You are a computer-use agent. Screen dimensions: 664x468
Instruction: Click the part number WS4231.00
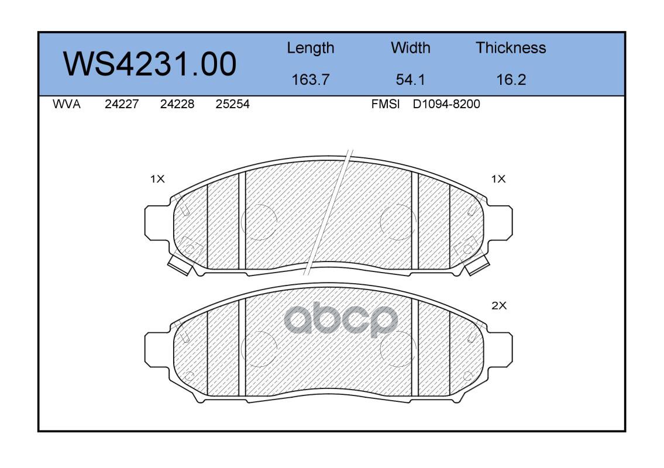tap(150, 64)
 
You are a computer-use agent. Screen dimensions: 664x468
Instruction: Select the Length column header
tap(311, 49)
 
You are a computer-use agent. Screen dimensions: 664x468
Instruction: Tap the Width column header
tap(410, 48)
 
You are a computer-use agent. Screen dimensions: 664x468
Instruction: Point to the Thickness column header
tap(511, 48)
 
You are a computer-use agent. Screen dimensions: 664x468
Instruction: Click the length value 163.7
tap(311, 80)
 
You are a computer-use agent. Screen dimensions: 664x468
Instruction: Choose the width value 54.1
tap(410, 80)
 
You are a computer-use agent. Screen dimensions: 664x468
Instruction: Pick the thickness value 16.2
tap(511, 80)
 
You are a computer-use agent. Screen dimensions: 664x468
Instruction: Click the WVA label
tap(67, 104)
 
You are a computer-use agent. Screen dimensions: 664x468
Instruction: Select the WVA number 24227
tap(122, 104)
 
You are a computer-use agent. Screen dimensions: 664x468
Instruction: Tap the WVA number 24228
tap(177, 104)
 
